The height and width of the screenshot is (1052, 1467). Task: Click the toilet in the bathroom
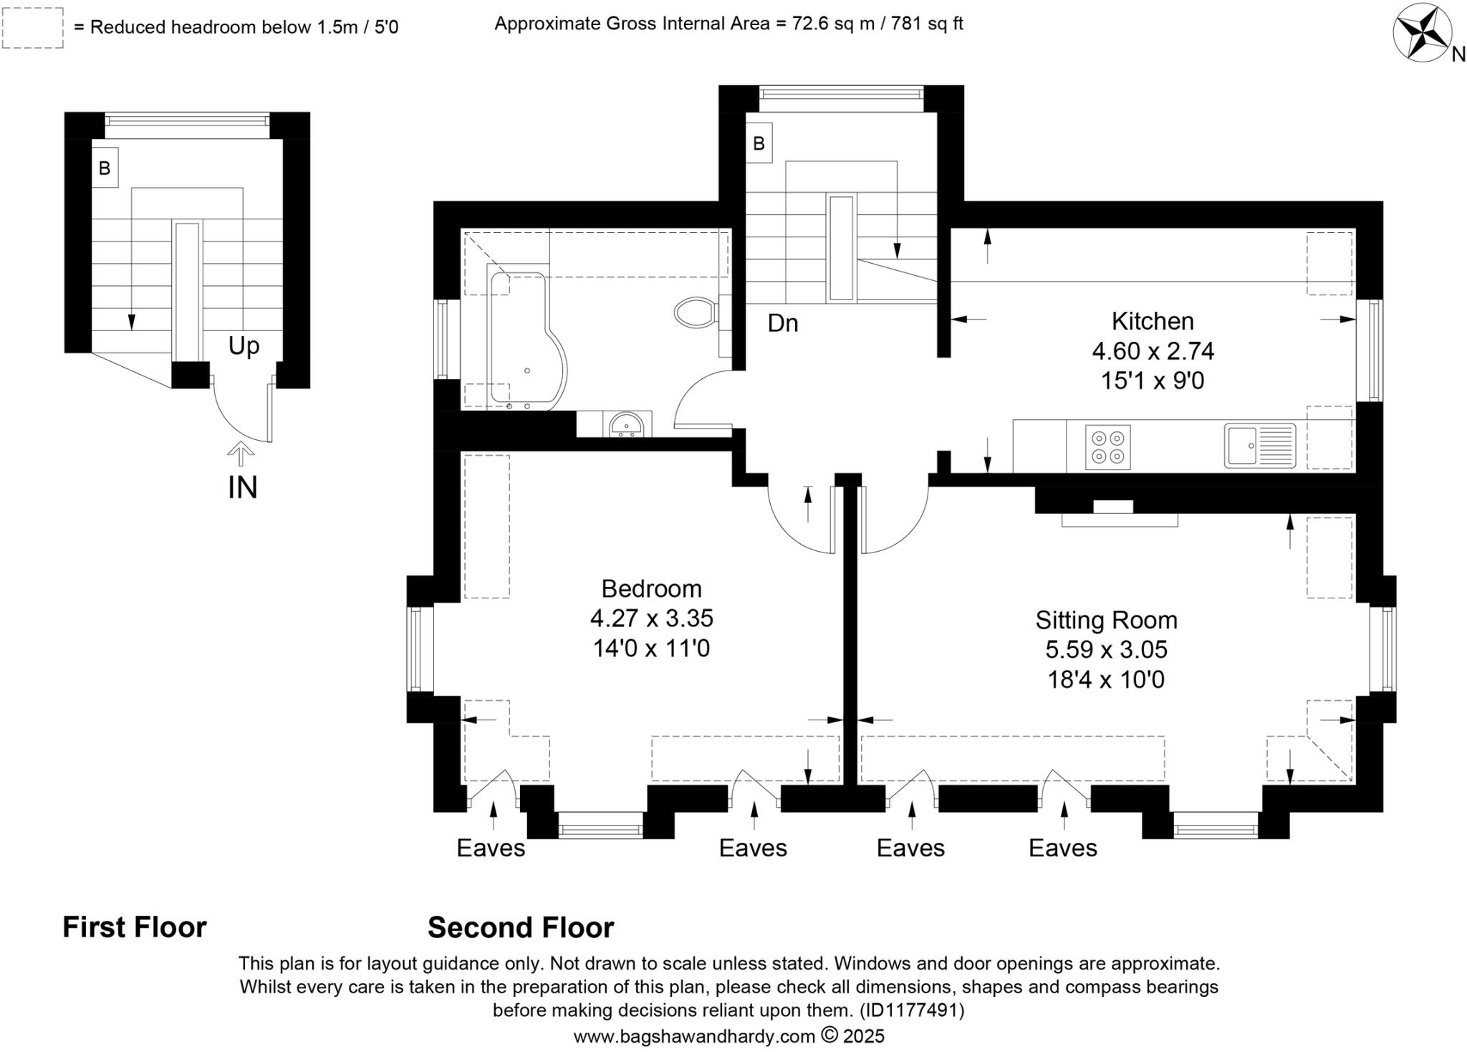coord(695,312)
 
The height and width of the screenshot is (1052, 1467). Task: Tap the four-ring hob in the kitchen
coord(1107,447)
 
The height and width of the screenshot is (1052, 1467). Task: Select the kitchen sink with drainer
coord(1260,446)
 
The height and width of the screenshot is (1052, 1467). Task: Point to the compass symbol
coord(1422,33)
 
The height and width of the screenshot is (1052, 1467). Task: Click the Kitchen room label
coord(1152,320)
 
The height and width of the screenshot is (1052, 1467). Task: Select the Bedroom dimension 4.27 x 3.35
coord(651,618)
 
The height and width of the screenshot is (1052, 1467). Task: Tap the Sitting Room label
coord(1106,620)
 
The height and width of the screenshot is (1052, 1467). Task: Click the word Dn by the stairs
coord(782,324)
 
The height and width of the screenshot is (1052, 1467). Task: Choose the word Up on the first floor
coord(244,346)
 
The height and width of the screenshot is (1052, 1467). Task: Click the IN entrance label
coord(242,488)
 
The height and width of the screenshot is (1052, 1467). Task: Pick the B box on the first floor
coord(105,168)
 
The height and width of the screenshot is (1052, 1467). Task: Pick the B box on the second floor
coord(759,143)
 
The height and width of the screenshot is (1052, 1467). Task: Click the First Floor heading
coord(135,927)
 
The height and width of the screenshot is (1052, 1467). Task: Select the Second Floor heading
coord(521,928)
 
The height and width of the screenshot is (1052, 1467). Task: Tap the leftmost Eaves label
coord(491,848)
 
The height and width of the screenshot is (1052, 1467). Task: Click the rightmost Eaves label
coord(1062,848)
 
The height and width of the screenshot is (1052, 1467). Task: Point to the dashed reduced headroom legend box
coord(33,29)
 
